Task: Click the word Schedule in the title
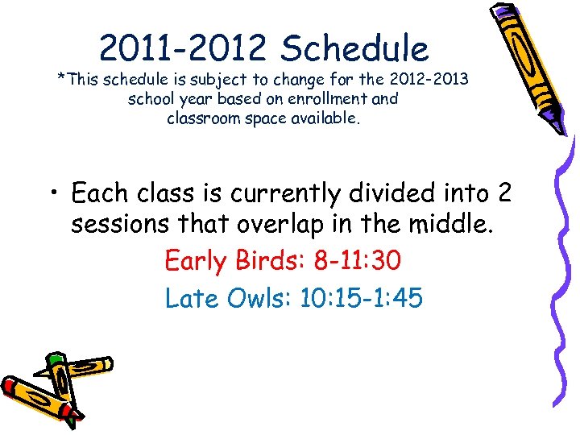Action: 354,48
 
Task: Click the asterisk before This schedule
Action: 60,80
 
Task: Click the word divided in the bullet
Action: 383,194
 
